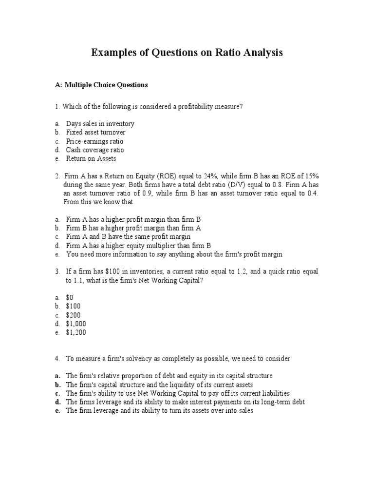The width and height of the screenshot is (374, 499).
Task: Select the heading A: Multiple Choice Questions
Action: click(101, 85)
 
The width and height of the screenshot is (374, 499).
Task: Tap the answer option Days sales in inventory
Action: click(100, 124)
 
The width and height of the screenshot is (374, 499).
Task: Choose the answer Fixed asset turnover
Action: click(95, 133)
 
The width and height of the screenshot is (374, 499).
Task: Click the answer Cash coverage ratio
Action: click(95, 150)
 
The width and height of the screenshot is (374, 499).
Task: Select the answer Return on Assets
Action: click(91, 159)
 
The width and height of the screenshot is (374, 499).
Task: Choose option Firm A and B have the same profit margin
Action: click(128, 237)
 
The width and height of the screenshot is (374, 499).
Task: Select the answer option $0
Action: click(70, 297)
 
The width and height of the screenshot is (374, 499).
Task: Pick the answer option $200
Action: click(74, 315)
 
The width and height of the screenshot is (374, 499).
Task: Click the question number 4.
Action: click(57, 359)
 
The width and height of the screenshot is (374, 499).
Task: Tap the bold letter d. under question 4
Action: click(57, 402)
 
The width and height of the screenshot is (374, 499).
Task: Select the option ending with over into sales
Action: click(159, 411)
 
